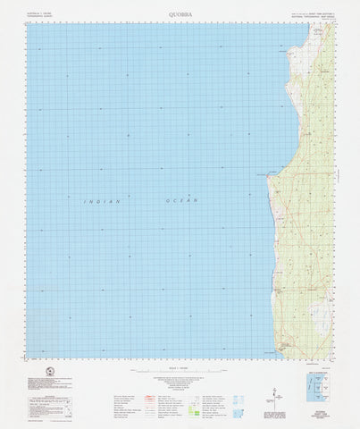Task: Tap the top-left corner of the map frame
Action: pos(27,23)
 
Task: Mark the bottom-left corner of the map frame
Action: pos(27,343)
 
